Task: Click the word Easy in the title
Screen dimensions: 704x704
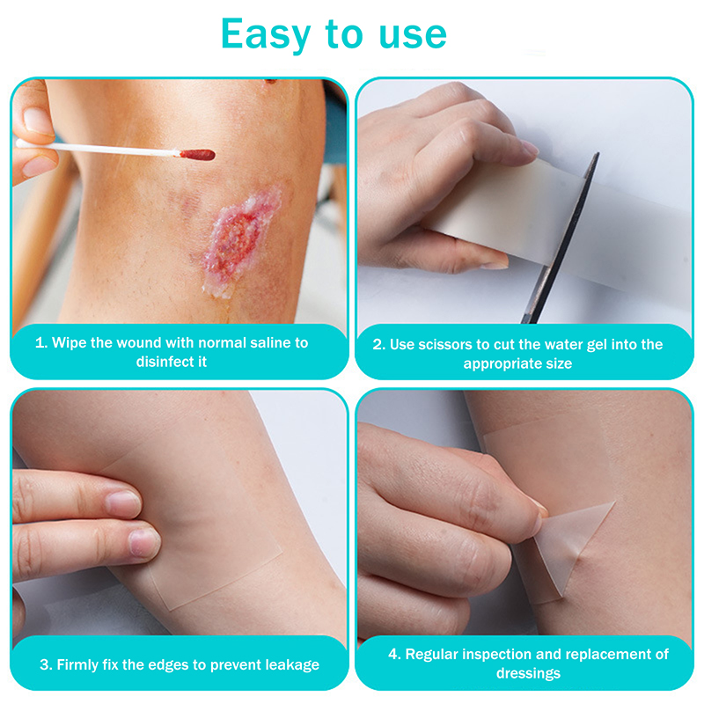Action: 266,34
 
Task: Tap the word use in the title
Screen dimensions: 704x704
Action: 413,34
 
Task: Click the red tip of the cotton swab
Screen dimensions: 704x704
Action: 197,155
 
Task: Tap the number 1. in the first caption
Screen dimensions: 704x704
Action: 41,343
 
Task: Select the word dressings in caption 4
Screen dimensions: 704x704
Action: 529,674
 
